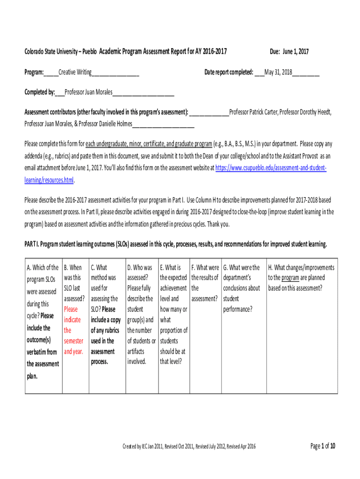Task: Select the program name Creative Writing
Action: [x=75, y=73]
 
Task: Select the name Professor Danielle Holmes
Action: [x=106, y=124]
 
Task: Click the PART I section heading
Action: [x=175, y=244]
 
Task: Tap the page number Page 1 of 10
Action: [x=323, y=446]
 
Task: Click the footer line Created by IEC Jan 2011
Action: [x=189, y=447]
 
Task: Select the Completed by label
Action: [x=40, y=92]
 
